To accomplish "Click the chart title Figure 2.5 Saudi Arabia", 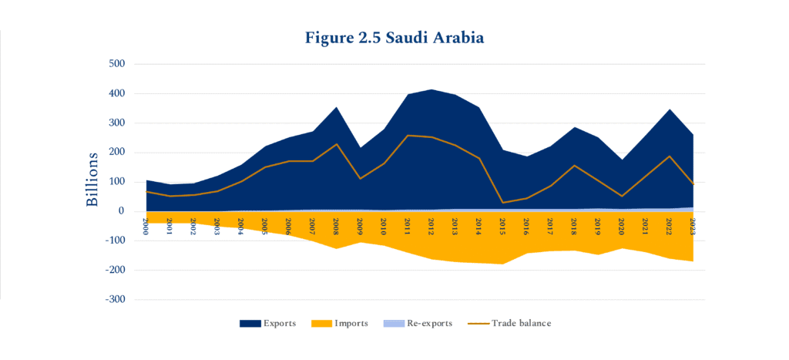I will (394, 37).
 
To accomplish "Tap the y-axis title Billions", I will (92, 179).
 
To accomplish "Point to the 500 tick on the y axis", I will (115, 64).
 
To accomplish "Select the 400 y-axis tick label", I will (115, 93).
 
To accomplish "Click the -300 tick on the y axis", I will (113, 299).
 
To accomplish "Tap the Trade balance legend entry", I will (510, 324).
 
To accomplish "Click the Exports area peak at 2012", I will (431, 89).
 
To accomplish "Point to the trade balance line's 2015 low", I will (502, 203).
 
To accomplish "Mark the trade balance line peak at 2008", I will (335, 144).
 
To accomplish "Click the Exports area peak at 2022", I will (669, 109).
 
